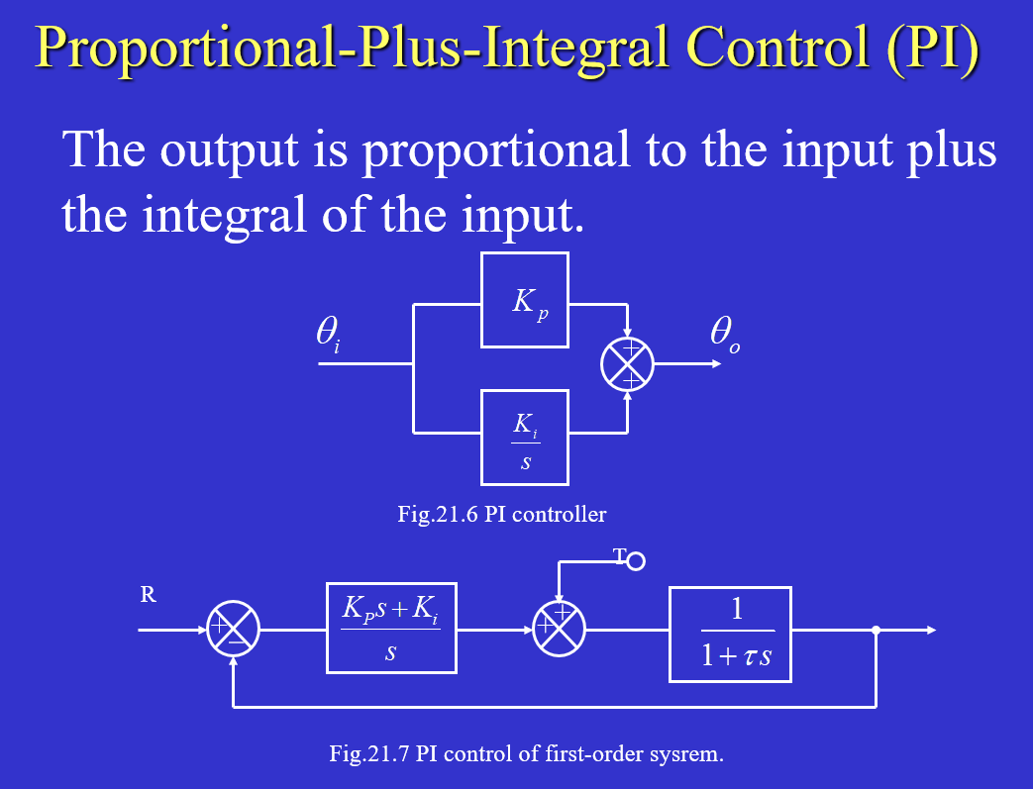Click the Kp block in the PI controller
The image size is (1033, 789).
525,300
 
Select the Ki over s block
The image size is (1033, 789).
525,438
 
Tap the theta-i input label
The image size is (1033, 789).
328,333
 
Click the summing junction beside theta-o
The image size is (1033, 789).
628,364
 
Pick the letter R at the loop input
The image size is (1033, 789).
148,596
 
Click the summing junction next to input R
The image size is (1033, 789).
233,630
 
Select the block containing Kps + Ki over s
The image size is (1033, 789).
391,629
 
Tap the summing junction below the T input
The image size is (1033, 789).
560,630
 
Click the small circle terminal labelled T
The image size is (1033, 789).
636,562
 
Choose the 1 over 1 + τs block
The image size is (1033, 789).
731,635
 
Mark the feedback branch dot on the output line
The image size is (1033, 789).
876,630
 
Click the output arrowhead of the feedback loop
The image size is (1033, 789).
929,630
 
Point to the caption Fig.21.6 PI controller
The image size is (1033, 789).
502,515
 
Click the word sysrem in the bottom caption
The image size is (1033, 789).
689,753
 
